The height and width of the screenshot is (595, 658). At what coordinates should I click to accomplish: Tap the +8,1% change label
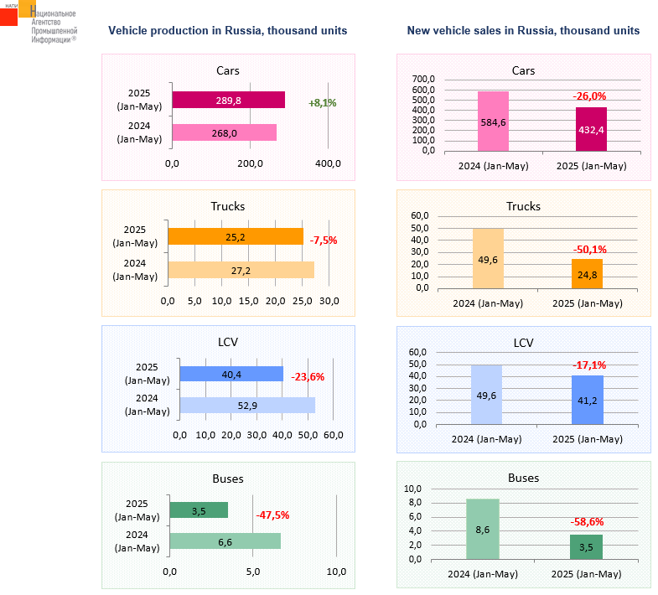click(x=323, y=103)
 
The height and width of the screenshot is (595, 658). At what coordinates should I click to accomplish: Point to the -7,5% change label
click(x=324, y=241)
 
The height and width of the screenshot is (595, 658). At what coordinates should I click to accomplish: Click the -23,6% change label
click(x=307, y=377)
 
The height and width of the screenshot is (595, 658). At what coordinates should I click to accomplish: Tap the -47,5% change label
click(x=272, y=515)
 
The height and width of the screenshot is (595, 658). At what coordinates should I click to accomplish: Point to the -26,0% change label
click(x=590, y=97)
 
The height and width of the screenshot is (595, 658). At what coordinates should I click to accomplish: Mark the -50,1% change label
click(x=590, y=250)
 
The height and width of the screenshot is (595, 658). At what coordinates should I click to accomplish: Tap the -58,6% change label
click(x=587, y=521)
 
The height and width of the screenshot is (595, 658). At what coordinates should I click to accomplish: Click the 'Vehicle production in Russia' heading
click(x=228, y=31)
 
